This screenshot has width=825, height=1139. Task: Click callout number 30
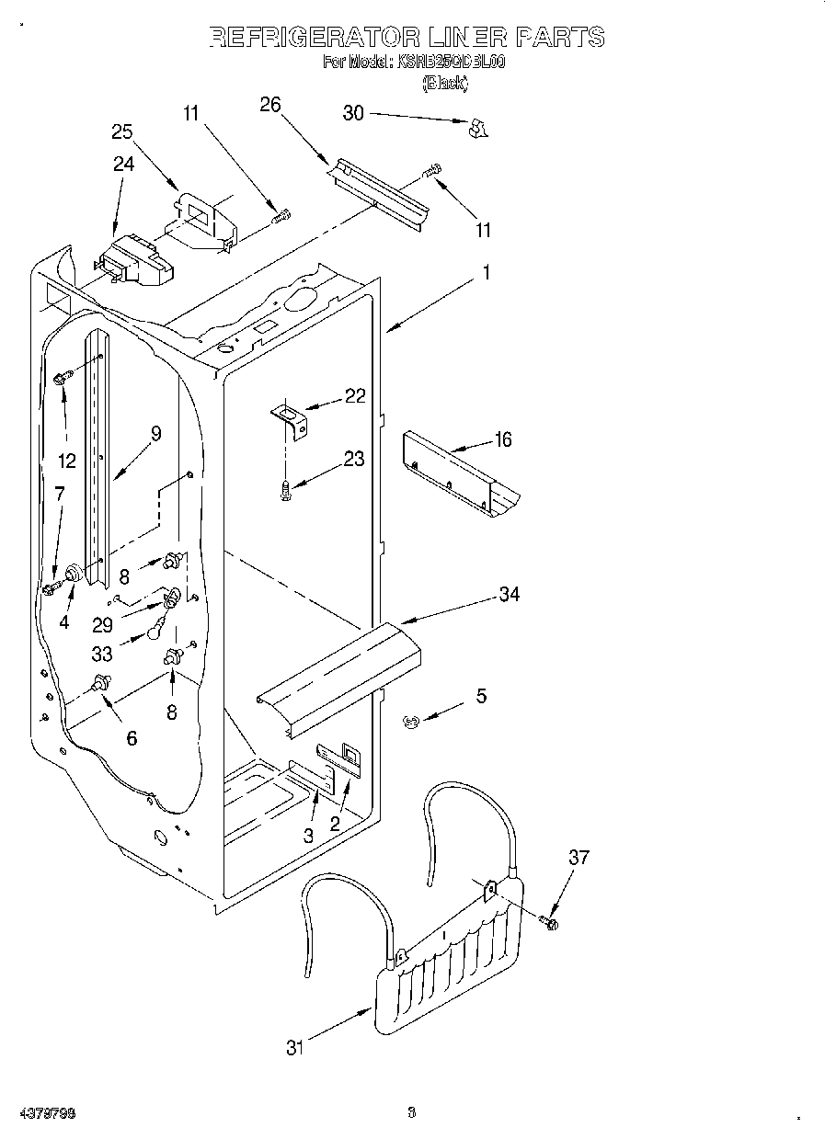pos(353,113)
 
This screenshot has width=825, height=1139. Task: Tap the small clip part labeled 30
pos(476,128)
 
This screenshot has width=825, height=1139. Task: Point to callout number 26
pos(270,104)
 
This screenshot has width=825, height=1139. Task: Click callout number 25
pos(122,131)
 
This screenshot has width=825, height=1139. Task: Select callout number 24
pos(123,164)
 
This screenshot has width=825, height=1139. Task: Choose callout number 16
pos(502,439)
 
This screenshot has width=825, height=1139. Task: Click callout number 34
pos(509,595)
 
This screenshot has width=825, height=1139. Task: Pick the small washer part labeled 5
pos(411,723)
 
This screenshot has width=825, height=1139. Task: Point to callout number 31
pos(294,1047)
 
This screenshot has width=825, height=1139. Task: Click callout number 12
pos(65,461)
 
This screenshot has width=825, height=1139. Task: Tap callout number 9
pos(155,434)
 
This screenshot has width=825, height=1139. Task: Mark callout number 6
pos(132,737)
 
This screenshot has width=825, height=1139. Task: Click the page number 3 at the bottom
pos(412,1114)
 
